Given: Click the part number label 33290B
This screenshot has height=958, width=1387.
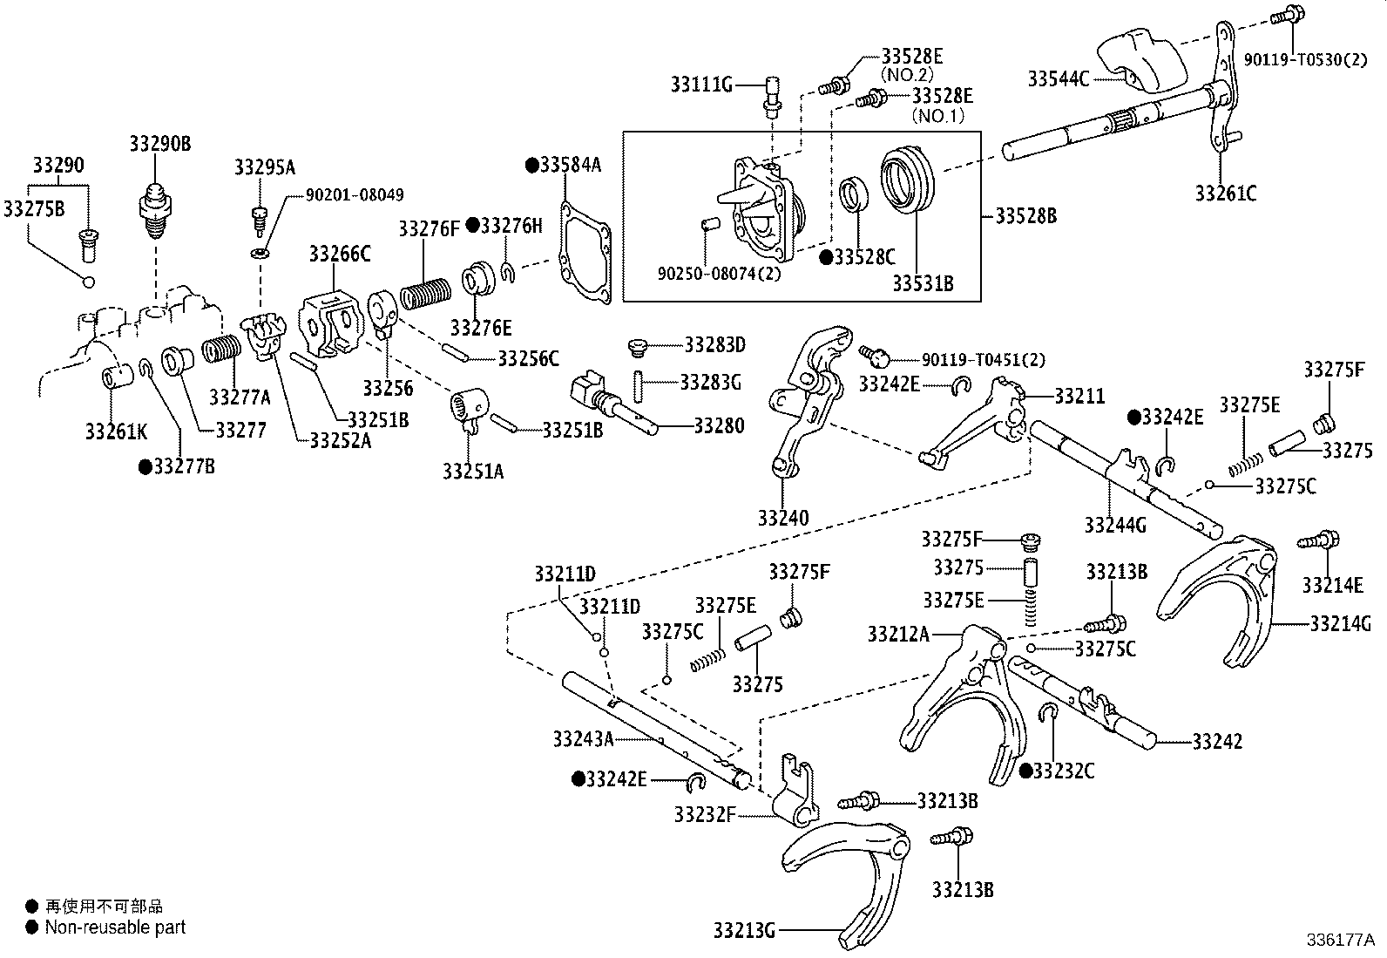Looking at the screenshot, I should pos(160,144).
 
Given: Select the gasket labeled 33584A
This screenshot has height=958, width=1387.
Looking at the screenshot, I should pos(585,252).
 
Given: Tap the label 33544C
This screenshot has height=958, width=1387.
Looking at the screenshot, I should pos(1058,79).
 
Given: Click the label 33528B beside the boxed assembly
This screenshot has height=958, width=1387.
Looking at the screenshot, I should pos(1025,215).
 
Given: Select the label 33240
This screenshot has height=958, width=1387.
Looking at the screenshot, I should pos(782,518).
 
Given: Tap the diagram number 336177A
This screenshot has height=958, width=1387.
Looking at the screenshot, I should pos(1339,941).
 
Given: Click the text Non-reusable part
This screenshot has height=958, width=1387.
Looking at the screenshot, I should pos(115,927).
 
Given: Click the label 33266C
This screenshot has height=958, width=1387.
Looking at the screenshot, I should pos(339,254).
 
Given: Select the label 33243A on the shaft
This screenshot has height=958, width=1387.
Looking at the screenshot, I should pos(583,739).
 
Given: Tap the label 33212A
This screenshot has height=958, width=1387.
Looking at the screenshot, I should pos(898,634).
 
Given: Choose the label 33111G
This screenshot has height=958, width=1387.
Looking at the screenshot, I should pos(701,85).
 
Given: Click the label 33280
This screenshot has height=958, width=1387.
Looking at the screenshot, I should pos(719,425).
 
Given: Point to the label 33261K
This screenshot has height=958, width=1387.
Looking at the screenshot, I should pos(117,430).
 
